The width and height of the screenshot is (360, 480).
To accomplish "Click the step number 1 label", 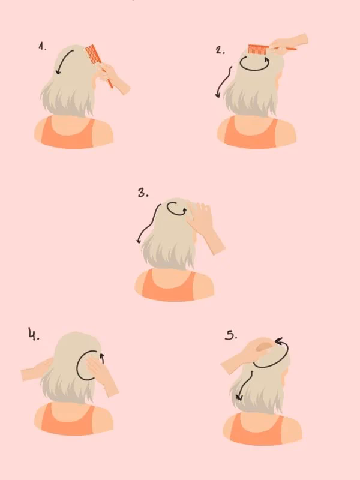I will point(42,47).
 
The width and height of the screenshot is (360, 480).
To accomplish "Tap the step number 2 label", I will point(220,50).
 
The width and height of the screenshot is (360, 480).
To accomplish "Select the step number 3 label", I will point(143,193).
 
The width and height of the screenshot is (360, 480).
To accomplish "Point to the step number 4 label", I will point(33,334).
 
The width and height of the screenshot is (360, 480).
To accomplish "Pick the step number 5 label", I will point(231,335).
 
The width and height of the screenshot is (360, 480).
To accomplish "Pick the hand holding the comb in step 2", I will point(290,43).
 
